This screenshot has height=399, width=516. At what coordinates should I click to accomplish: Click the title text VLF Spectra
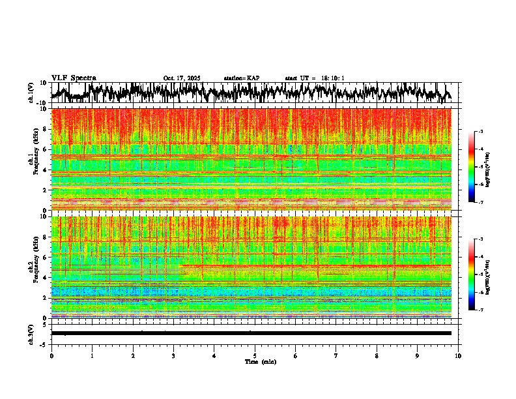coord(74,78)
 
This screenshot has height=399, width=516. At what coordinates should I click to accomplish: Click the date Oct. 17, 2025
coord(182,78)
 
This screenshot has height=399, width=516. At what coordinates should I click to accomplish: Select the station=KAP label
coord(242,78)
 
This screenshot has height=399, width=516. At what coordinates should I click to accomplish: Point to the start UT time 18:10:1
coord(329,78)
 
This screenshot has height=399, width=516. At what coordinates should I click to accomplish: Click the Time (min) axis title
coord(261,361)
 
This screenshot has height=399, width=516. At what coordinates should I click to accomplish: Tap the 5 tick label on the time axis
coord(255,355)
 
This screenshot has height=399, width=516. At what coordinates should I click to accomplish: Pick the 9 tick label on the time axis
coord(418,355)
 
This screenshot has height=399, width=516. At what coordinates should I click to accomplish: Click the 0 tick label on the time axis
coord(51,355)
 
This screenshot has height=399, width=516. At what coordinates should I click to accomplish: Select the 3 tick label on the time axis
coord(173,355)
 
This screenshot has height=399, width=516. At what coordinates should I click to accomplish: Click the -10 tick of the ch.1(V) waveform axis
coord(41,103)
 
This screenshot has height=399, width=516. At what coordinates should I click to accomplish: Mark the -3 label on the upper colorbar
coord(480,132)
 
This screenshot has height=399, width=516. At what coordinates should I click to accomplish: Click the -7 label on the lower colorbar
coord(480,310)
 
